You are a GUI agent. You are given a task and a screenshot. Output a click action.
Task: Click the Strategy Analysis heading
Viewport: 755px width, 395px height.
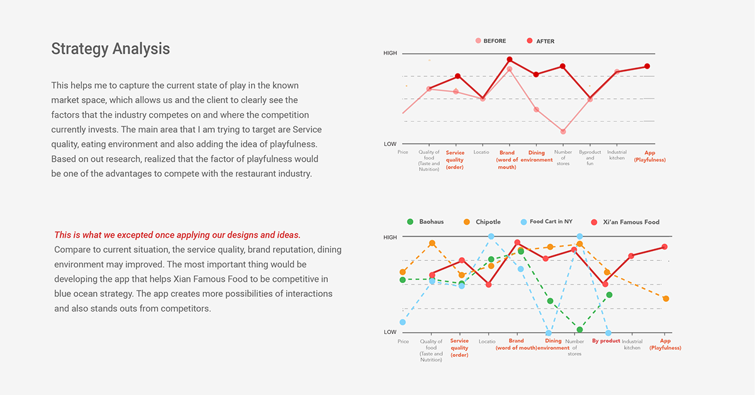click(x=111, y=49)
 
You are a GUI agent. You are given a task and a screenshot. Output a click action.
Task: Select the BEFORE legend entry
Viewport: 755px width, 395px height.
click(x=491, y=41)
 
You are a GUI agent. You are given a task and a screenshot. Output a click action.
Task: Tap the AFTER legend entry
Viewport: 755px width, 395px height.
click(x=540, y=41)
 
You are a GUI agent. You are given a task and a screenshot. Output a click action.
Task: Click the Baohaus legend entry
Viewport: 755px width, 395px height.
click(x=425, y=222)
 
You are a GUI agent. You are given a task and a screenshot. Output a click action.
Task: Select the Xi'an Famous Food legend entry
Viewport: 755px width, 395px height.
click(x=625, y=222)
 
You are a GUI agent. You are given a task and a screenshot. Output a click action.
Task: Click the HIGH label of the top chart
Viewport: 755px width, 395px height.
click(x=390, y=53)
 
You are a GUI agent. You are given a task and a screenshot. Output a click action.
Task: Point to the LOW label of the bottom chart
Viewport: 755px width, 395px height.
click(x=390, y=332)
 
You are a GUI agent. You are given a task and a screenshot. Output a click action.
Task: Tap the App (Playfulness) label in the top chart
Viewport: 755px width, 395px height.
click(x=650, y=156)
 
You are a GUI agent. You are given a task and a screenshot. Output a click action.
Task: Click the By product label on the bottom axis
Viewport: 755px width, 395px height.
click(x=606, y=341)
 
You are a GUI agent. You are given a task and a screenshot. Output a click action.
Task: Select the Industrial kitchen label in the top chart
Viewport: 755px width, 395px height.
click(x=617, y=155)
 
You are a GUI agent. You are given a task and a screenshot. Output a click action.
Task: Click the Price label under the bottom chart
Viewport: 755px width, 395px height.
click(x=403, y=341)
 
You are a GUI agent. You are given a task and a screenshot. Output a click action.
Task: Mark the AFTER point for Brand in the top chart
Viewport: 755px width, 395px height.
click(x=510, y=59)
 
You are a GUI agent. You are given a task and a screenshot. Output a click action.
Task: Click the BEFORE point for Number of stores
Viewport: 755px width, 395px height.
click(x=563, y=131)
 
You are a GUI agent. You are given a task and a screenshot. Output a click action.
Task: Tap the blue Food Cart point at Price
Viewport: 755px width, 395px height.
click(x=403, y=322)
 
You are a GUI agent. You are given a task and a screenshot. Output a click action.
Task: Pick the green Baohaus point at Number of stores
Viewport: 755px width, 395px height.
click(x=579, y=330)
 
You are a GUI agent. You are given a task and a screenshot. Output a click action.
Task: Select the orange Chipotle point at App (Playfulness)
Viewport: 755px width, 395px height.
click(x=666, y=299)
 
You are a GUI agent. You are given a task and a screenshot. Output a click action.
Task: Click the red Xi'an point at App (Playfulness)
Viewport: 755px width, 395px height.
click(x=664, y=247)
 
